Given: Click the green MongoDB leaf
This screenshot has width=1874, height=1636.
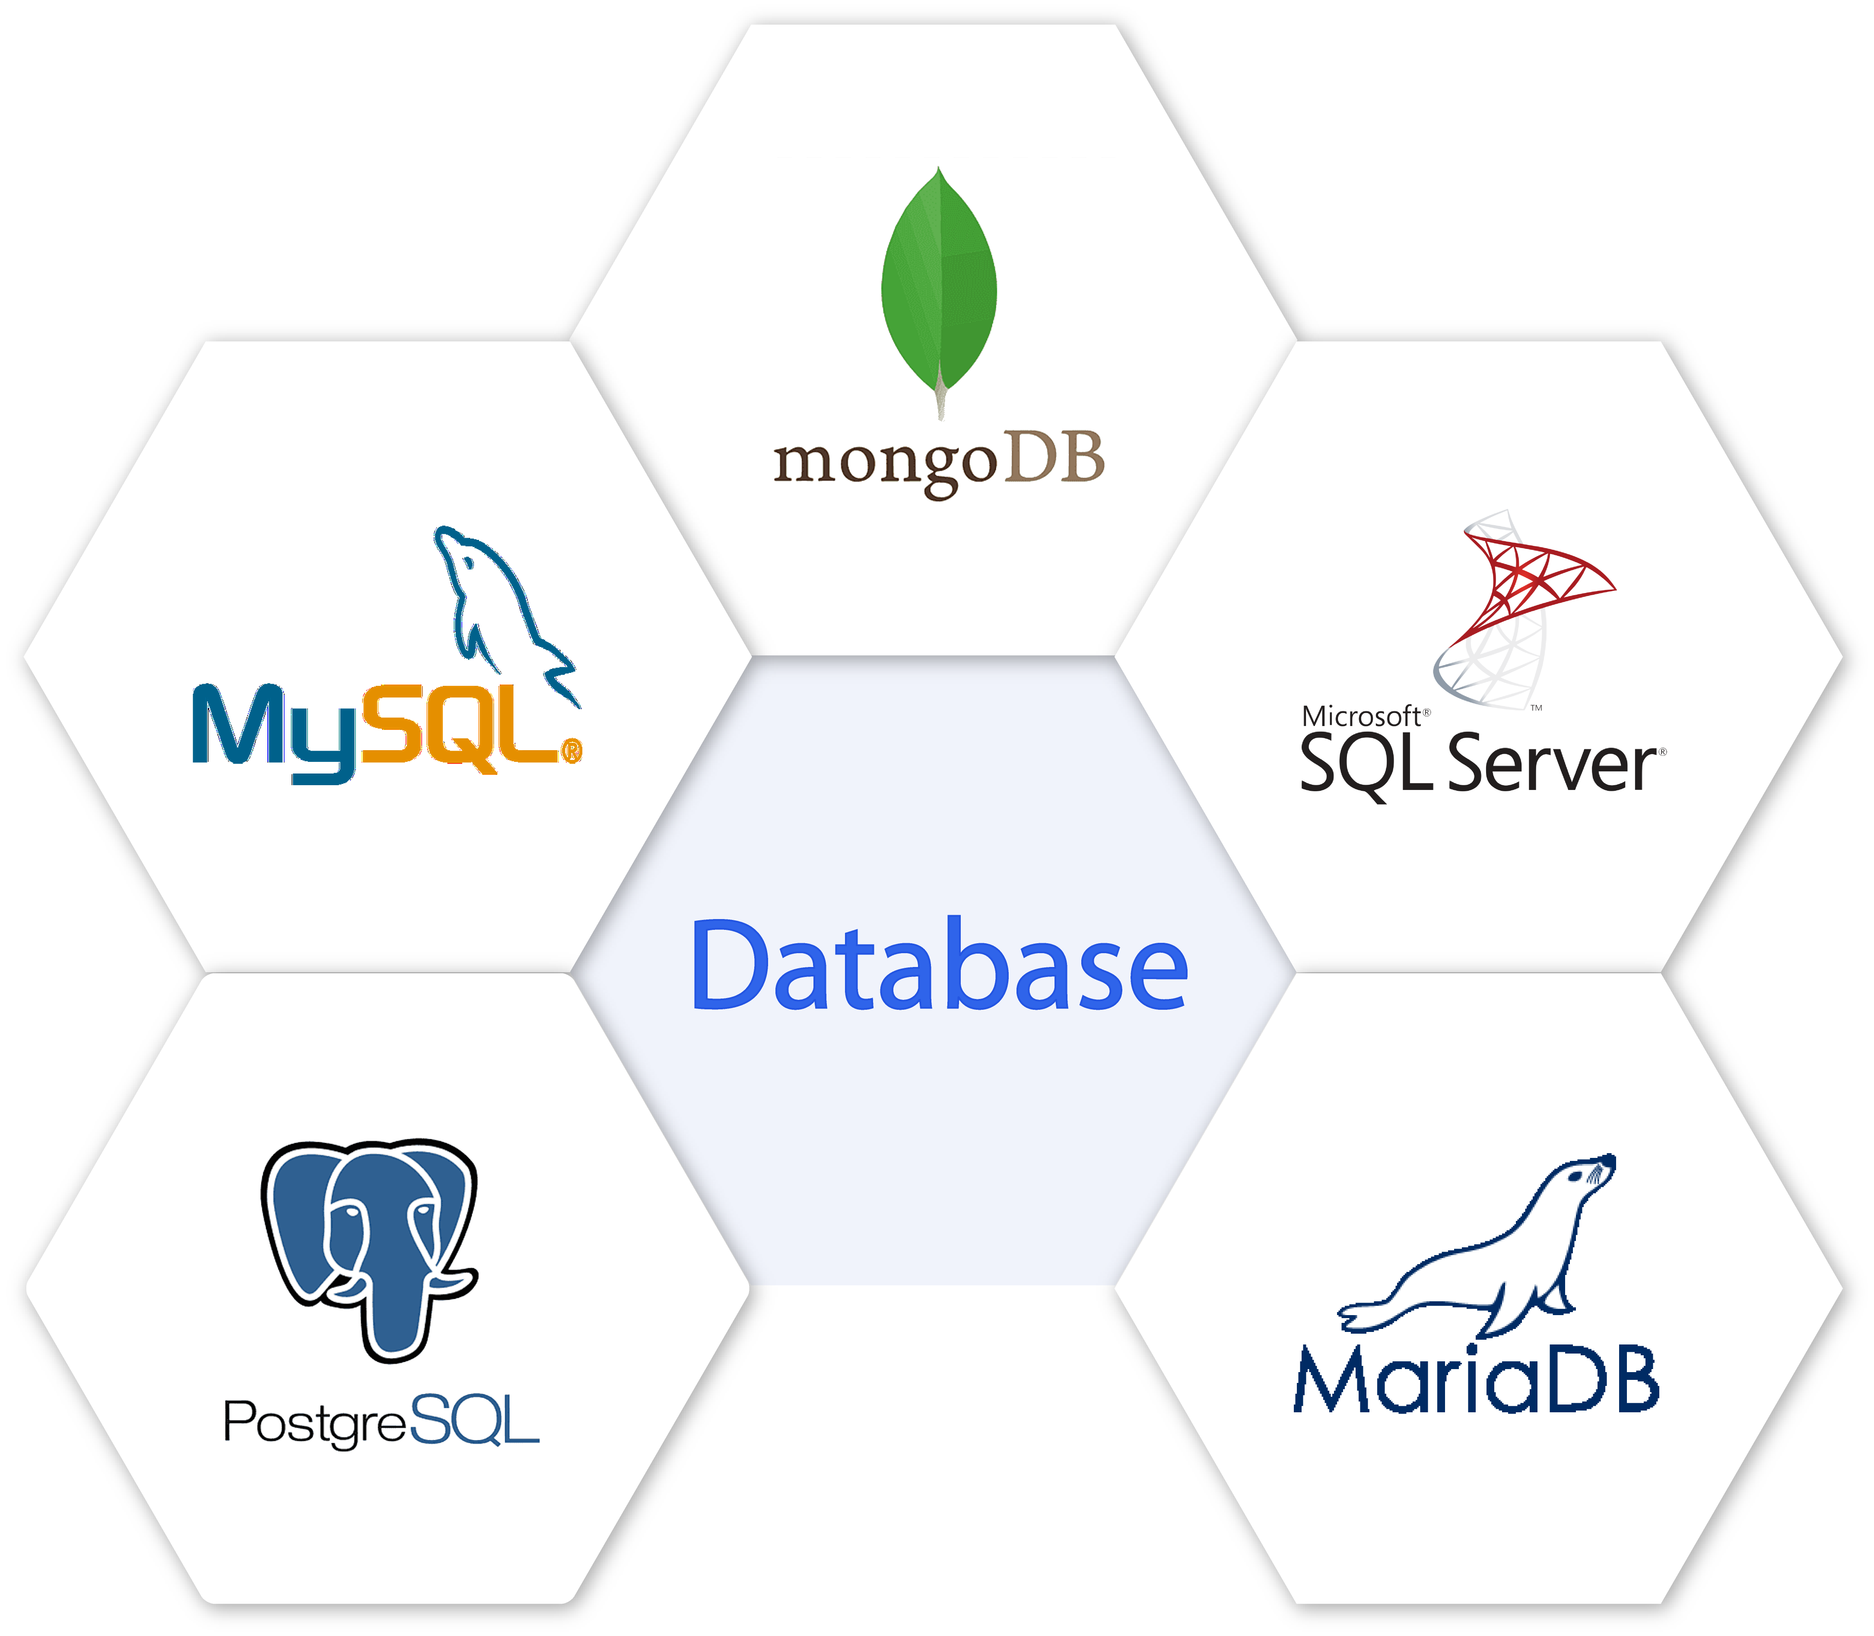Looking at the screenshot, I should (939, 283).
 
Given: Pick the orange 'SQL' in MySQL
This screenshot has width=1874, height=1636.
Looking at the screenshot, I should (461, 726).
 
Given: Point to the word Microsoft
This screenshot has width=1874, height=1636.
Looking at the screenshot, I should (1361, 717).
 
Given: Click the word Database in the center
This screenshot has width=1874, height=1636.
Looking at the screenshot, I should (939, 966).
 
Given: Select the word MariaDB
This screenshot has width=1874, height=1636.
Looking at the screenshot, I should (1475, 1380).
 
